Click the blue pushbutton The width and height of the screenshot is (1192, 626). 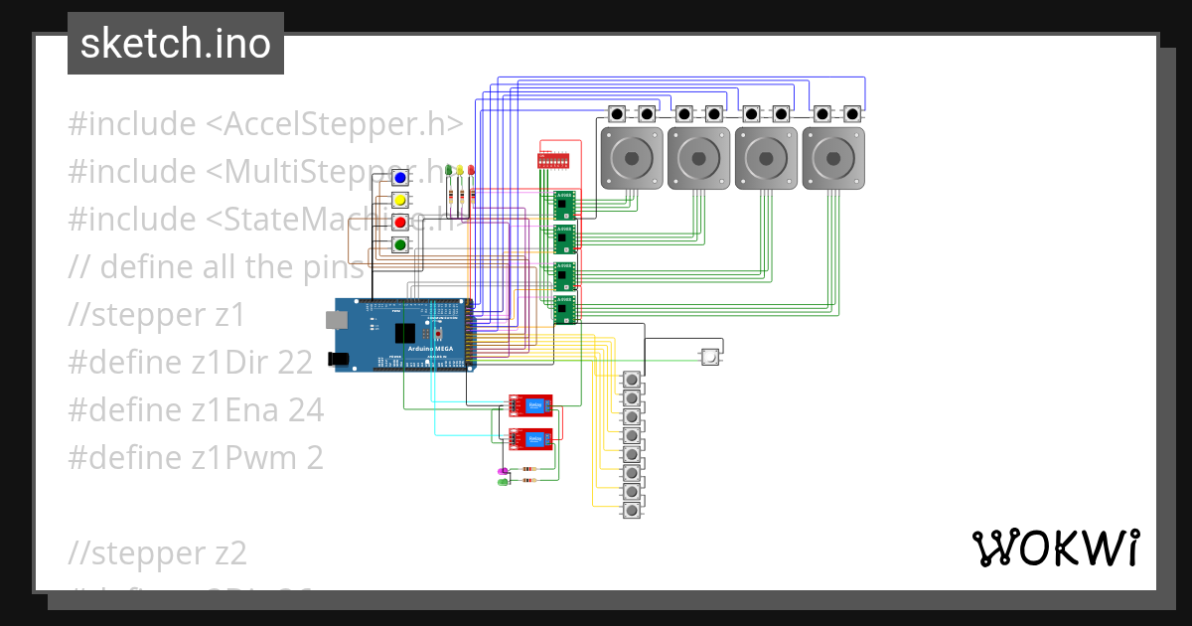tap(399, 178)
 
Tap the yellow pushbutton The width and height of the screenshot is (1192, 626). tap(399, 200)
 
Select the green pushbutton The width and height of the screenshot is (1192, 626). tap(399, 244)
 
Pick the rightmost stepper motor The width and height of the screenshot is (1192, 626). tap(833, 157)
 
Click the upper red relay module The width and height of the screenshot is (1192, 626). tap(531, 403)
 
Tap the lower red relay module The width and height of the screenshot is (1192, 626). tap(531, 437)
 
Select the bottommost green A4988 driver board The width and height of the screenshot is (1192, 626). tap(564, 310)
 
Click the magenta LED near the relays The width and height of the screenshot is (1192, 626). tap(503, 470)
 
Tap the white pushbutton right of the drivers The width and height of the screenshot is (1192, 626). tap(710, 357)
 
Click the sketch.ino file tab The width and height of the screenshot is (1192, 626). tap(176, 44)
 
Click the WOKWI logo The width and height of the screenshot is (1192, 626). tap(1055, 548)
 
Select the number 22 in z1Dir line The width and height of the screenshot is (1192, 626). tap(295, 362)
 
